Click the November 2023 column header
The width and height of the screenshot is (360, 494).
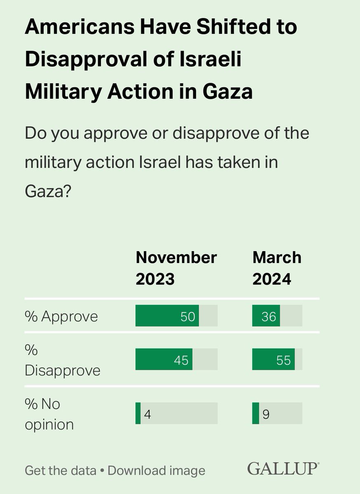click(x=176, y=268)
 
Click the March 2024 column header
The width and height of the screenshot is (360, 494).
click(x=277, y=268)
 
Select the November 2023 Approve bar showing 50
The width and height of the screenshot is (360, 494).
click(x=167, y=316)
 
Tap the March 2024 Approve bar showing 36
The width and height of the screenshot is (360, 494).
click(x=266, y=316)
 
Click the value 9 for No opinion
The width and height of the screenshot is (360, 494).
click(x=266, y=414)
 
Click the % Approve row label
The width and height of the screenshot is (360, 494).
click(x=61, y=316)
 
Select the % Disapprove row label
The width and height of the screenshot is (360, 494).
click(x=62, y=361)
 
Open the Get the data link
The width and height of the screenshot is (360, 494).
click(x=61, y=470)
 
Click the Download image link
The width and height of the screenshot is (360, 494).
click(x=156, y=470)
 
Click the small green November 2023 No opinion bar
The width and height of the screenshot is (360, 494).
click(x=138, y=414)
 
